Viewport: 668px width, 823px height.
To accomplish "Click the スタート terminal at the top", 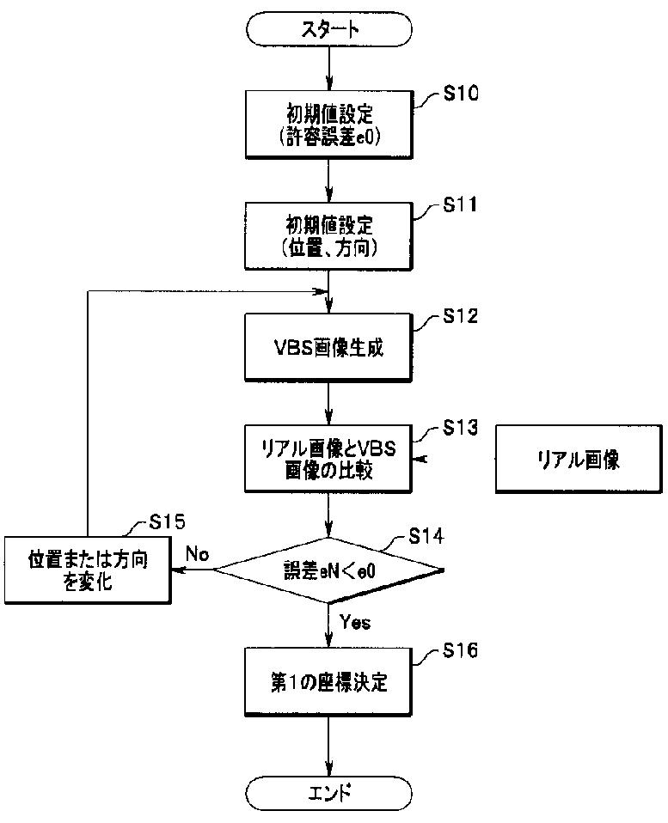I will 330,28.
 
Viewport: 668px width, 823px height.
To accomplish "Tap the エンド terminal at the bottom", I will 330,790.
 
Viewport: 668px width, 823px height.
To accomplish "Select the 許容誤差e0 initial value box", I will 330,125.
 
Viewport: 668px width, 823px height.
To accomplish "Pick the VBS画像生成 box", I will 330,347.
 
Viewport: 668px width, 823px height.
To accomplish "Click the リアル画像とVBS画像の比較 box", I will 330,459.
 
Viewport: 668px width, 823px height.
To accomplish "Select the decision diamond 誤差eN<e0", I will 330,570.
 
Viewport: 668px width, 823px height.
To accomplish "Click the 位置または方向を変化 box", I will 87,570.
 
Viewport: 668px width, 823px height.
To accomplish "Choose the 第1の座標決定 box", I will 330,683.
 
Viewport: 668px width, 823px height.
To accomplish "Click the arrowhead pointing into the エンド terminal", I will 330,768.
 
